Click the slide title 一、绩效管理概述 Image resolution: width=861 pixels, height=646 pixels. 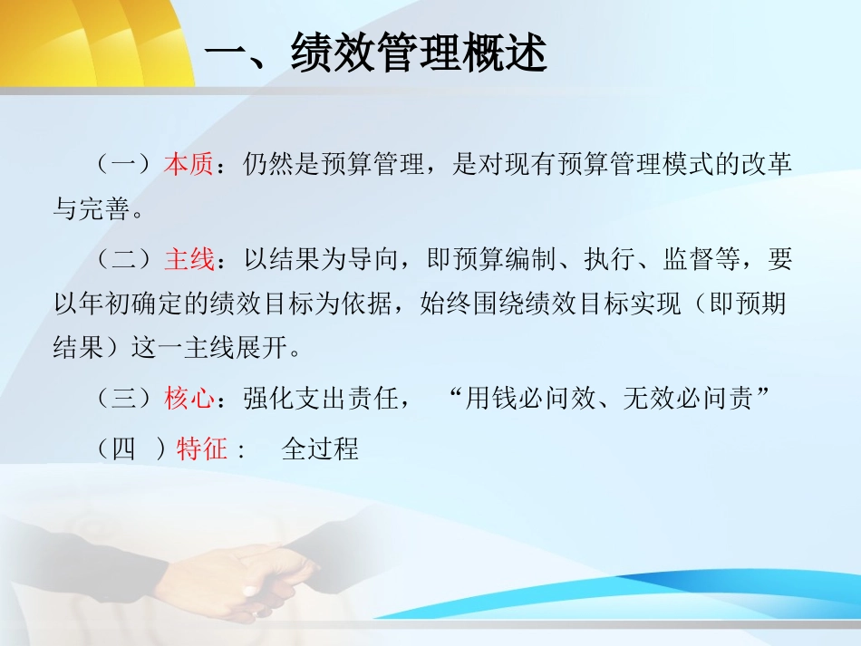tap(375, 55)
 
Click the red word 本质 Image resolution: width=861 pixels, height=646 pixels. tap(189, 165)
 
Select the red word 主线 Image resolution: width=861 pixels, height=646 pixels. tap(189, 261)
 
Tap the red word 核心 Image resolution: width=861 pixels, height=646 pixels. tap(189, 399)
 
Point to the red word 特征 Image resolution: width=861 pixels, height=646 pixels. tap(201, 448)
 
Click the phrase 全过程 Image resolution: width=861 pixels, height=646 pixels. tap(320, 448)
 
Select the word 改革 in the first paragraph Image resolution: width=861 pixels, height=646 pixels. tap(767, 165)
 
